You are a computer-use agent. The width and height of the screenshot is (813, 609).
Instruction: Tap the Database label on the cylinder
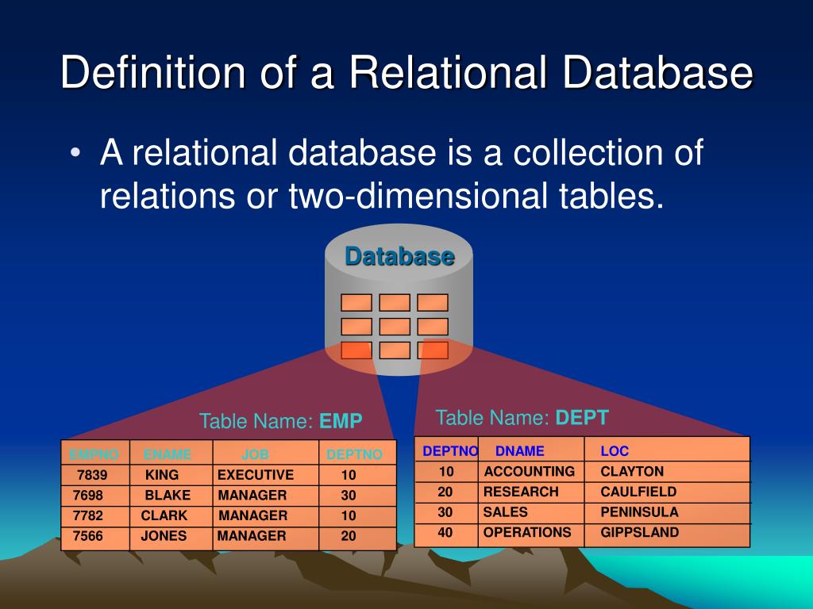(399, 257)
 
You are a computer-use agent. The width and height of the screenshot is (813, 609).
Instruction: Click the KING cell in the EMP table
(162, 475)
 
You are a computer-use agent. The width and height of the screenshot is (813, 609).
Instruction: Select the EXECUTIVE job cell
(256, 475)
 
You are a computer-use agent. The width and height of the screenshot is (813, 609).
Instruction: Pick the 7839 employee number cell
(92, 475)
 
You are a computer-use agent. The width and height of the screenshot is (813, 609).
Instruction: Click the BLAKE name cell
(168, 495)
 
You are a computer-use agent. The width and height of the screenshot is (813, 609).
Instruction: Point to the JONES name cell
(164, 535)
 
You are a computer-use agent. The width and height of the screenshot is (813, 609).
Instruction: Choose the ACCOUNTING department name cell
(529, 471)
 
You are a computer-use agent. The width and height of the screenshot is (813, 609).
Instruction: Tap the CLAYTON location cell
(632, 471)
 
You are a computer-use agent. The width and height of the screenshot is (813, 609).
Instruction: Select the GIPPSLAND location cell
(640, 532)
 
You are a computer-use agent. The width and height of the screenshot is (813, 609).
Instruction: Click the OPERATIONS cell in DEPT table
(527, 532)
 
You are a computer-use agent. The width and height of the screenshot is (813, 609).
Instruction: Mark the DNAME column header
(520, 451)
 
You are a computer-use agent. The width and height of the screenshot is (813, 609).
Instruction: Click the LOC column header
(615, 451)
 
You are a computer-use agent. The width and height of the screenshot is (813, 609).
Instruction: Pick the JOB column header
(255, 455)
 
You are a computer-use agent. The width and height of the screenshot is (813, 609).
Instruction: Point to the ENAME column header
(168, 455)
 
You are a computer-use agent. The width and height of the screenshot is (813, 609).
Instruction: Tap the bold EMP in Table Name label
(341, 421)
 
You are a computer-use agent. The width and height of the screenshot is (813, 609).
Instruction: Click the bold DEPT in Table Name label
(582, 418)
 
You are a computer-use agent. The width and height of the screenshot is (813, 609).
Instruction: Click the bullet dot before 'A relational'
(75, 153)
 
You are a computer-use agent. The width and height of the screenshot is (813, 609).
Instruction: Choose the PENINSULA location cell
(639, 511)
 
